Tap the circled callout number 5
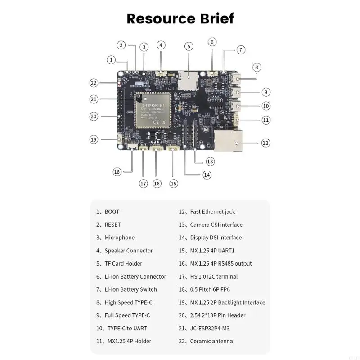tap(189, 46)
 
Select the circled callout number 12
tap(265, 143)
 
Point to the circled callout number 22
tap(94, 83)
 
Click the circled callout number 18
tap(117, 171)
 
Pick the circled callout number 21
tap(94, 99)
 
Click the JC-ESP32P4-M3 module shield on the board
tap(152, 111)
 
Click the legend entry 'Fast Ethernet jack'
tap(207, 211)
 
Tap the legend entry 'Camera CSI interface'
tap(211, 225)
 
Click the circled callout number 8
tap(256, 67)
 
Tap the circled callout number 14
tap(207, 175)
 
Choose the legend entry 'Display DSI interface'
tap(210, 238)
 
